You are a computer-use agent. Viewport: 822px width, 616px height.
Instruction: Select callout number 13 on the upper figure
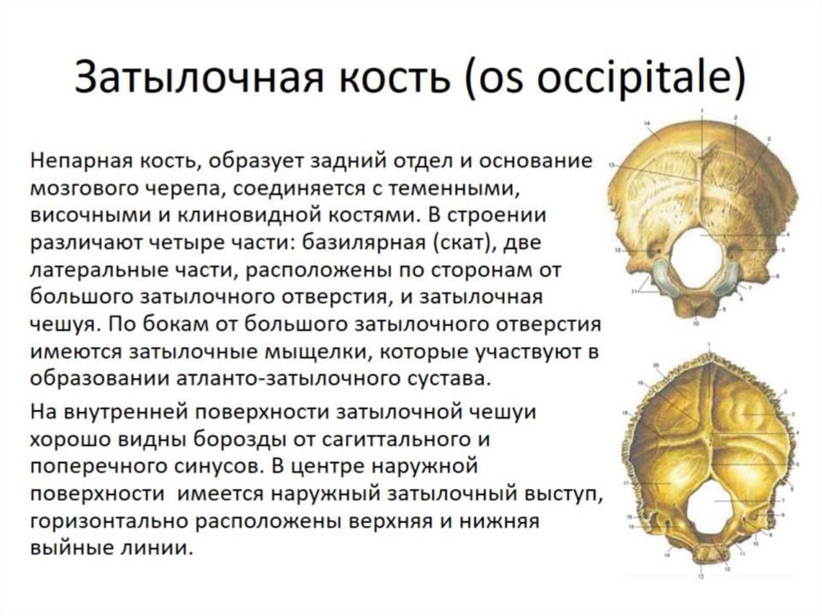click(x=612, y=164)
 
